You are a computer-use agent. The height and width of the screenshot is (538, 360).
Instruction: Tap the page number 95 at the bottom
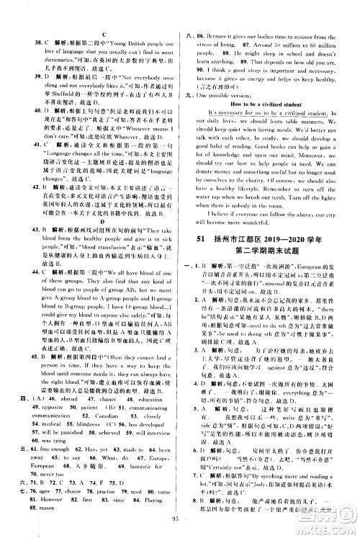pos(180,532)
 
